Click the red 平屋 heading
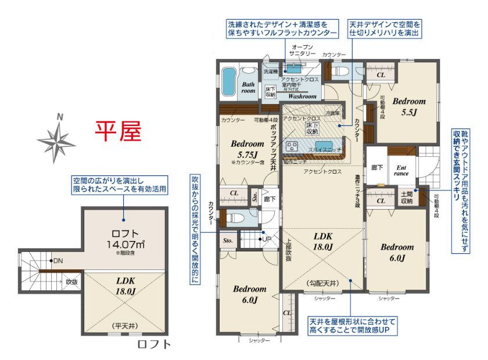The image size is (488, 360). pyautogui.click(x=119, y=132)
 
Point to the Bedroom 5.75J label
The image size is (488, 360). pyautogui.click(x=247, y=149)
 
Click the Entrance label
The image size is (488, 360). pyautogui.click(x=401, y=170)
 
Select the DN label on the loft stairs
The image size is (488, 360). pyautogui.click(x=56, y=261)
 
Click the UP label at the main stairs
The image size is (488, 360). pyautogui.click(x=267, y=239)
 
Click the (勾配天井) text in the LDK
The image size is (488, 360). pyautogui.click(x=322, y=283)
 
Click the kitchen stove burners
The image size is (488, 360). pyautogui.click(x=291, y=146)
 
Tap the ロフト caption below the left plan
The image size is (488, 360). pyautogui.click(x=155, y=344)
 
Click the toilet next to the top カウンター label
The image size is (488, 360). pyautogui.click(x=342, y=71)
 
